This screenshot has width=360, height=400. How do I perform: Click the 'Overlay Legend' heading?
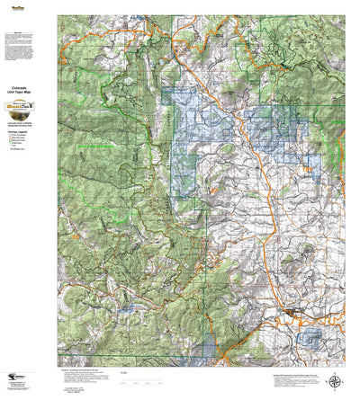(28, 129)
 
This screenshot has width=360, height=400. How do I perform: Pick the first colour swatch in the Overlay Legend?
(20, 135)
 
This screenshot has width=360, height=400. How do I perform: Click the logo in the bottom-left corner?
(17, 385)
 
